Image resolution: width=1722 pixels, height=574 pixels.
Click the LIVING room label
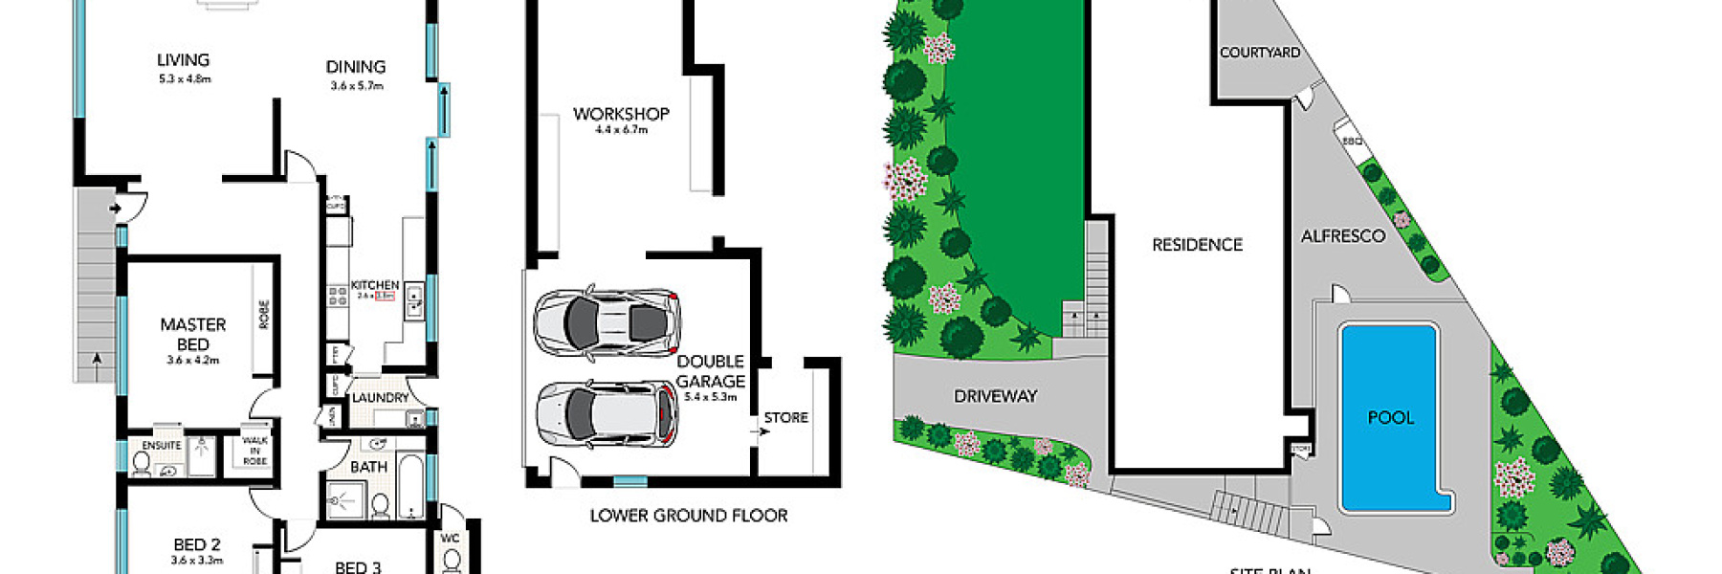[183, 60]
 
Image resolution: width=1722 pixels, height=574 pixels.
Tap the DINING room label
[356, 67]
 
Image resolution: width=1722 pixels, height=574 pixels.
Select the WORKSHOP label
[621, 114]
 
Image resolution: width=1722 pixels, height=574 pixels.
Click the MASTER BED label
[193, 335]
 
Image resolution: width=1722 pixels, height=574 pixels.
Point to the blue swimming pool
[1390, 417]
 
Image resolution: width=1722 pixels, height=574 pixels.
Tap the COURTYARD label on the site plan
[1259, 53]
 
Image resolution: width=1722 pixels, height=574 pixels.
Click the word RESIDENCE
[1197, 245]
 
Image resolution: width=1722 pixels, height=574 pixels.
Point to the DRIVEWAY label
[995, 396]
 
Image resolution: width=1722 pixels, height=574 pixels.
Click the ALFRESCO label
[1342, 236]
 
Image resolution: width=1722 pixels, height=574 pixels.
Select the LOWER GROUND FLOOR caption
[689, 516]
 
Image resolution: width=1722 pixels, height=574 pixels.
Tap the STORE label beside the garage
[785, 418]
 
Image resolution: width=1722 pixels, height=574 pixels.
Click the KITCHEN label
[375, 285]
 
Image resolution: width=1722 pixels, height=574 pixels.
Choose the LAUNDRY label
[380, 398]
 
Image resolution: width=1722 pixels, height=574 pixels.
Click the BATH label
[368, 467]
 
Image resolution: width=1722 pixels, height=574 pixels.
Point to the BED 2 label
[197, 544]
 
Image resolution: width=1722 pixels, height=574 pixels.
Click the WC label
[450, 539]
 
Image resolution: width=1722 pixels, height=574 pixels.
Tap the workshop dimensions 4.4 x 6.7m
[621, 130]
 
